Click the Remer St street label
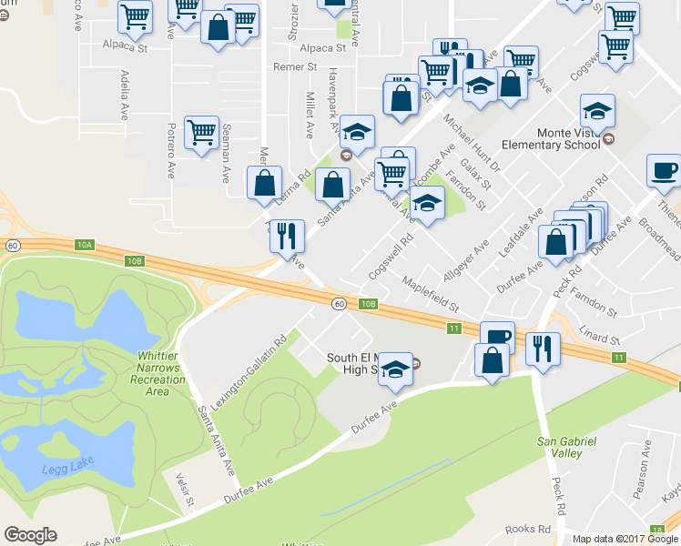(296, 67)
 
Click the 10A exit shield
(85, 244)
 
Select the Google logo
(30, 535)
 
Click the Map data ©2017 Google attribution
(625, 539)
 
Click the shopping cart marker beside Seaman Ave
(201, 132)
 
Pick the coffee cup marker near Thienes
(663, 170)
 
